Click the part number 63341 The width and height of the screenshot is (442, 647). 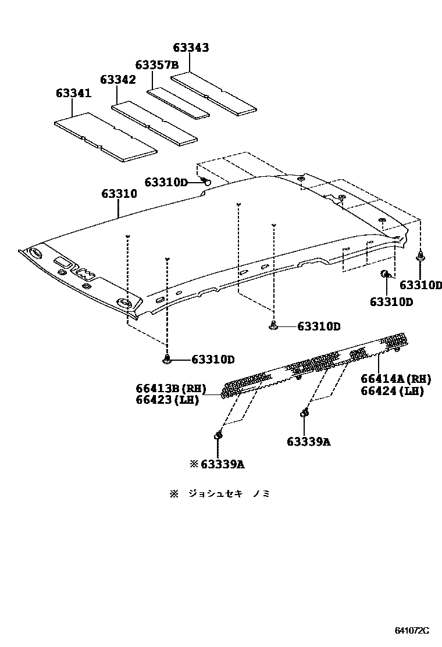[x=74, y=93]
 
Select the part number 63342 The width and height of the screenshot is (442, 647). [x=117, y=80]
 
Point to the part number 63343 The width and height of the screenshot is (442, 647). [x=191, y=48]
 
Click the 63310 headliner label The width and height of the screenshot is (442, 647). [x=119, y=194]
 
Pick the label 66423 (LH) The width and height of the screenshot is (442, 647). [x=167, y=400]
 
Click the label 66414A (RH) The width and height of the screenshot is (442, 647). [x=396, y=379]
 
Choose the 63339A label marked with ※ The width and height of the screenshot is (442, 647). [x=217, y=464]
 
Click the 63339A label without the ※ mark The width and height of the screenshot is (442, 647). [x=308, y=442]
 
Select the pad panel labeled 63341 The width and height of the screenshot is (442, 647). [x=105, y=138]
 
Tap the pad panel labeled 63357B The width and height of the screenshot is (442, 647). [x=178, y=102]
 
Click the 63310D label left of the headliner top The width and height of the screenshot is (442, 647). [x=166, y=183]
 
